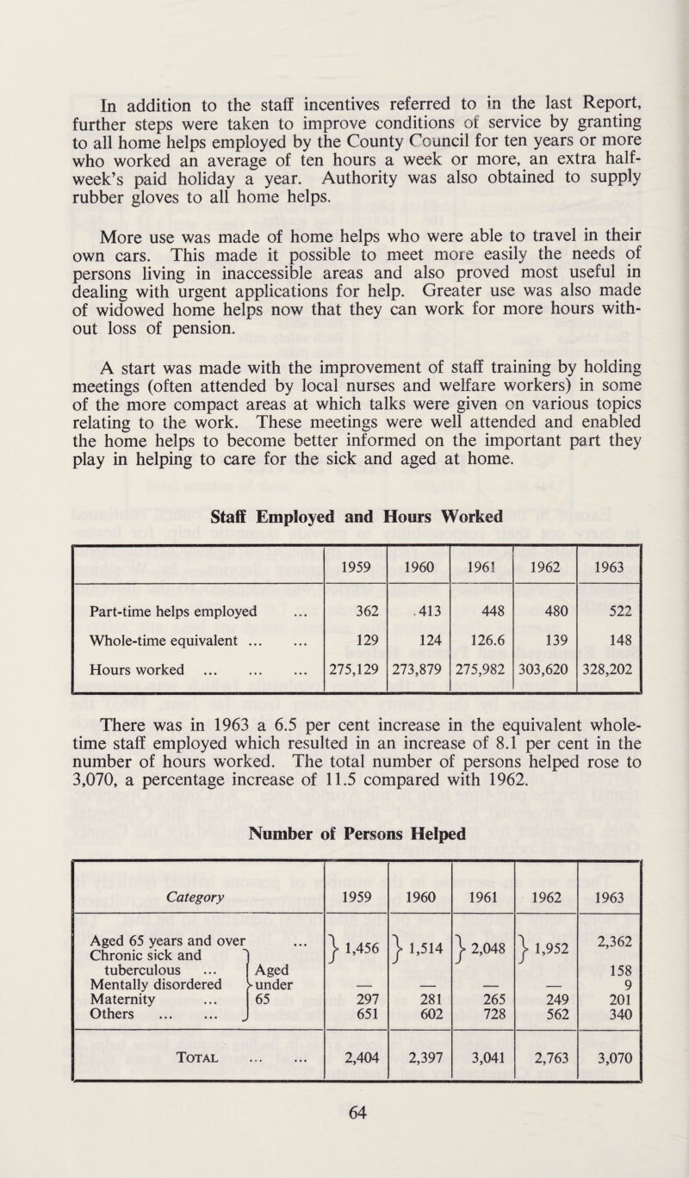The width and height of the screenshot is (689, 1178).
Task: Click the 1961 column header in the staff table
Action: pos(481,569)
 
